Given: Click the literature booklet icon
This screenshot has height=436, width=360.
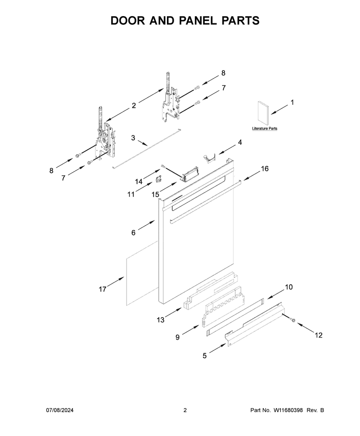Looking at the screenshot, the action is [x=263, y=113].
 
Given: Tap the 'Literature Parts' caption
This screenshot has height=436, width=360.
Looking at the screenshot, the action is [x=265, y=129].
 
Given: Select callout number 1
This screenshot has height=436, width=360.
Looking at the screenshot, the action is [x=292, y=102].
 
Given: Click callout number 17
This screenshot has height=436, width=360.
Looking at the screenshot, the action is [x=103, y=289].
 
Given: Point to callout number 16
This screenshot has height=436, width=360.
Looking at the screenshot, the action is [x=265, y=169].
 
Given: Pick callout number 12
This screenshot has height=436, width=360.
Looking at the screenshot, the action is [x=319, y=335].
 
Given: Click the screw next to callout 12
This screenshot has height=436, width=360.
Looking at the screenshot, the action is [x=292, y=320].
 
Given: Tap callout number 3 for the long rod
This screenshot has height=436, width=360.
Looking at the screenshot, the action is [x=133, y=138].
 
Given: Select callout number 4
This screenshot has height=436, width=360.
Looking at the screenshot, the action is [x=240, y=142].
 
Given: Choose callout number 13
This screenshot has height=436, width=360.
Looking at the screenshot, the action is [x=160, y=320].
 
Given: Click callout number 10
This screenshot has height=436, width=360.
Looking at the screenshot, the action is [x=289, y=287].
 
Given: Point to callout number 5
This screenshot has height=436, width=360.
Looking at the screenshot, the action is [x=205, y=356].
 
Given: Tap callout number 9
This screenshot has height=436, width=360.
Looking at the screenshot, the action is [x=177, y=337].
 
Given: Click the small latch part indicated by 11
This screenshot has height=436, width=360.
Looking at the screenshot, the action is [x=159, y=179].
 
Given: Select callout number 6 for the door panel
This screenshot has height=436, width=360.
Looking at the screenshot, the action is [x=133, y=232].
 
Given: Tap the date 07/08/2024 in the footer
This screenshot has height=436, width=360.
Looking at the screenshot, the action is [x=59, y=410].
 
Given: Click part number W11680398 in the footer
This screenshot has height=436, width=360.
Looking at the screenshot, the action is [x=288, y=410].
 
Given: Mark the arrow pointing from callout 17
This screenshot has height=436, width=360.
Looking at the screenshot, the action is [x=116, y=281].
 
